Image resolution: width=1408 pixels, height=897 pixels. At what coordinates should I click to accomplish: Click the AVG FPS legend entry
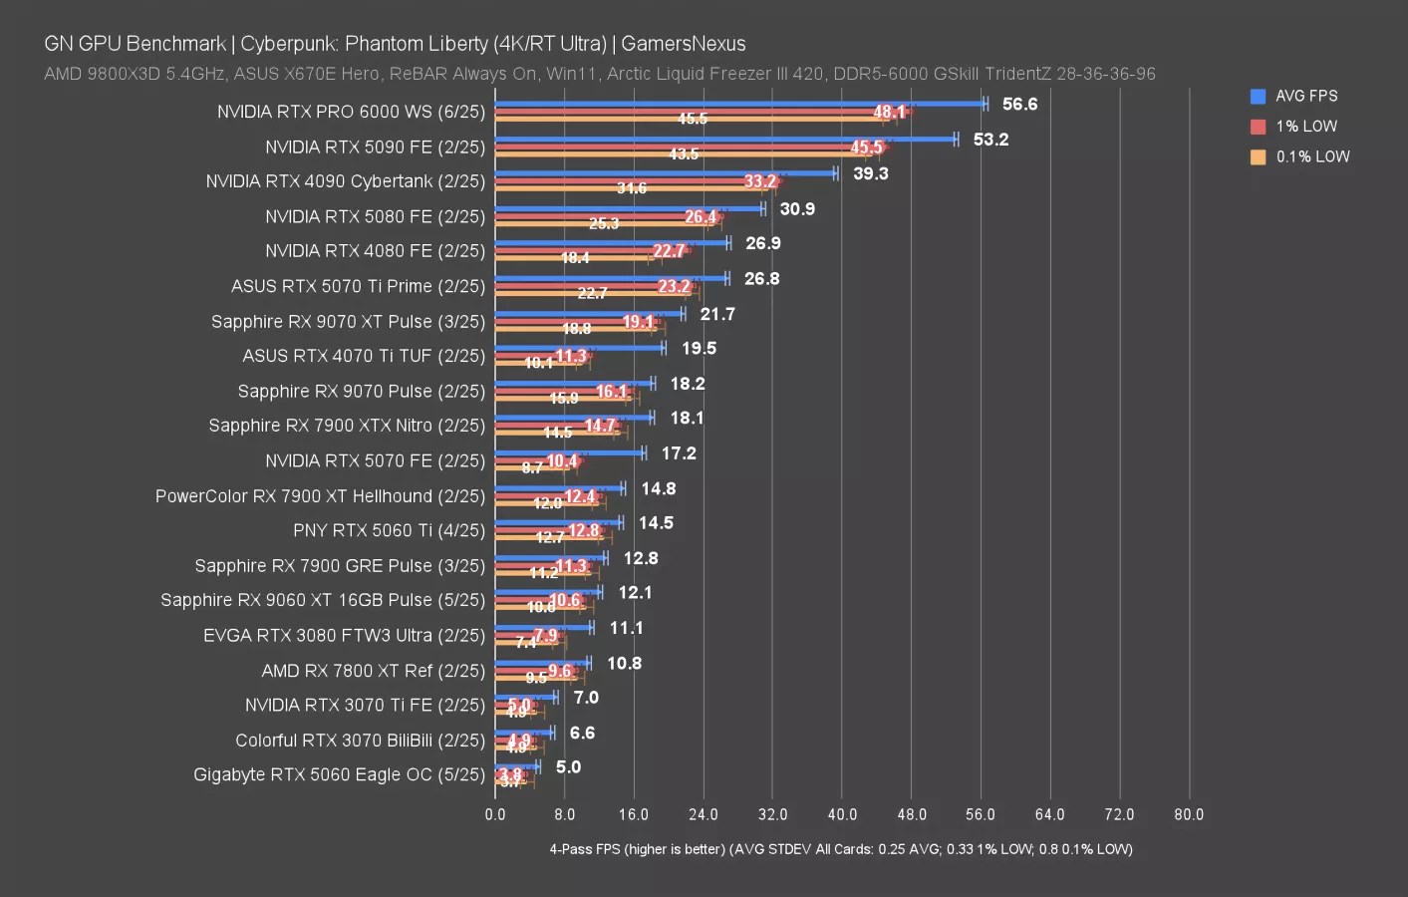[1305, 96]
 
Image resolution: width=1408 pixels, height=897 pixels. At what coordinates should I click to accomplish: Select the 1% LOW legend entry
[1305, 127]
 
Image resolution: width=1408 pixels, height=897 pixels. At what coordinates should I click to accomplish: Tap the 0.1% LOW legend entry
[1311, 156]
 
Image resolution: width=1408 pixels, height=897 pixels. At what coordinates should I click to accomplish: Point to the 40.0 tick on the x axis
[842, 814]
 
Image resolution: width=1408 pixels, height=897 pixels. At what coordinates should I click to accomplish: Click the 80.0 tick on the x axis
[1189, 814]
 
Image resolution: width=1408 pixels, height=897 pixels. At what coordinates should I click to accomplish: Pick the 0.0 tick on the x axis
[495, 814]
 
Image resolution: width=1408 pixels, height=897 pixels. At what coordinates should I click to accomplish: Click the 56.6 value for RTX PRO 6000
[1019, 104]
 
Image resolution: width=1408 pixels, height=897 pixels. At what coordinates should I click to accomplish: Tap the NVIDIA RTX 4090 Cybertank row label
[345, 181]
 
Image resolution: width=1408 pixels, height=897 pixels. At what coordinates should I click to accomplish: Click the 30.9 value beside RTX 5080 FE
[797, 208]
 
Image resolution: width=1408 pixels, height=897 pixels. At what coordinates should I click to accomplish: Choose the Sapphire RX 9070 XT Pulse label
[348, 321]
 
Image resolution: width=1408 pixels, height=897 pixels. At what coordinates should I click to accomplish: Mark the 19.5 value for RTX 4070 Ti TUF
[699, 348]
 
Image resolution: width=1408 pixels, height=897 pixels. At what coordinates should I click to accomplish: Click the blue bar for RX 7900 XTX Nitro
[574, 418]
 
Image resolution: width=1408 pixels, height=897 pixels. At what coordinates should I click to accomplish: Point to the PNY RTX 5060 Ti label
[389, 530]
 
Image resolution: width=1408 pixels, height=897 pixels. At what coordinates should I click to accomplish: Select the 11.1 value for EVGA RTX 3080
[626, 628]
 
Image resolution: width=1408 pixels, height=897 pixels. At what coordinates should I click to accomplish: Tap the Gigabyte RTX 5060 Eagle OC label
[339, 774]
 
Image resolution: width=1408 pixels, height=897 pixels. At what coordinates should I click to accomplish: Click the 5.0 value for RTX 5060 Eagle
[568, 766]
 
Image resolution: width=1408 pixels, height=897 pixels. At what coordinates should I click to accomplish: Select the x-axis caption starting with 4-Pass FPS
[841, 849]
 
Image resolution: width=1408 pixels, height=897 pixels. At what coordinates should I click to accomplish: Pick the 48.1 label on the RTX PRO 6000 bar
[889, 112]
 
